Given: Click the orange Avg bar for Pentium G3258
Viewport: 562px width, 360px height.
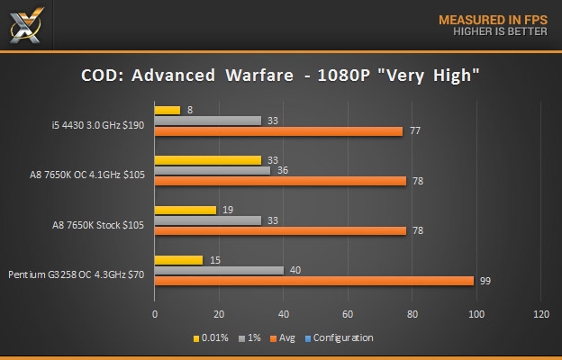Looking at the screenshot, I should click(314, 281).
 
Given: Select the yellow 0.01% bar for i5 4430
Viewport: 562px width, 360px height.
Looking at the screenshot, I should click(168, 110).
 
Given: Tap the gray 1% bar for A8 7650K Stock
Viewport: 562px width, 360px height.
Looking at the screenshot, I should click(208, 220).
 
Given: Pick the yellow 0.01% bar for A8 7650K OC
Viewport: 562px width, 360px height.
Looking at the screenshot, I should click(208, 160).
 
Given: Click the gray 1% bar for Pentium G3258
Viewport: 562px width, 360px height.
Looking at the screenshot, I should click(219, 270).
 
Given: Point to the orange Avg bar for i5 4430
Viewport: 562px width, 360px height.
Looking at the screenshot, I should click(278, 131).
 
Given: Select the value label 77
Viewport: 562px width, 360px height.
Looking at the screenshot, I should click(416, 131).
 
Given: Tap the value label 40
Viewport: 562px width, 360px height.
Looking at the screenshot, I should click(295, 270).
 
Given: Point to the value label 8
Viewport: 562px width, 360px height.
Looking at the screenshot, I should click(190, 110).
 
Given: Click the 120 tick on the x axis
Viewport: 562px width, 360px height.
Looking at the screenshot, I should click(540, 314).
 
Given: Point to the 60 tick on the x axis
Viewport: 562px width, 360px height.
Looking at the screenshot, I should click(348, 314).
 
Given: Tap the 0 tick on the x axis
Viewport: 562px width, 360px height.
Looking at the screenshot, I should click(155, 314).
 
